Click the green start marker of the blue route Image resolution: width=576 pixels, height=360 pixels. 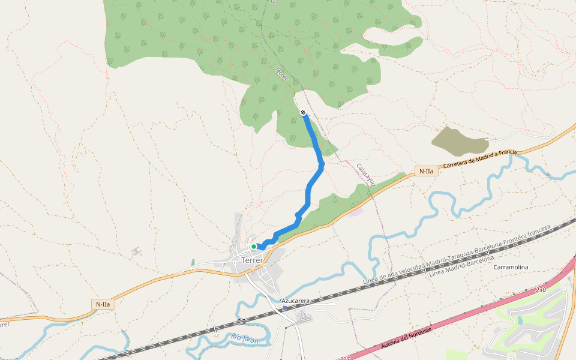pyautogui.click(x=254, y=246)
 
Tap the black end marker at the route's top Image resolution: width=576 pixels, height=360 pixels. pyautogui.click(x=303, y=112)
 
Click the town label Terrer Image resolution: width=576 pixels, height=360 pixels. pyautogui.click(x=252, y=260)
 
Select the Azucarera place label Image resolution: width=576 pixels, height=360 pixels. pyautogui.click(x=295, y=300)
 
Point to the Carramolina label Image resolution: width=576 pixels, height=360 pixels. pyautogui.click(x=511, y=267)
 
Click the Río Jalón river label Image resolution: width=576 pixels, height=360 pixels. pyautogui.click(x=245, y=340)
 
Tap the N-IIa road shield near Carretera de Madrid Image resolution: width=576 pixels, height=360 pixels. pyautogui.click(x=426, y=171)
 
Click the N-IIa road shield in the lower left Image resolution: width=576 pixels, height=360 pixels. pyautogui.click(x=103, y=304)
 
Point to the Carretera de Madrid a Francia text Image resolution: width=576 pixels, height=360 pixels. pyautogui.click(x=479, y=160)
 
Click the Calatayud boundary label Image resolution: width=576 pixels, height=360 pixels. pyautogui.click(x=365, y=175)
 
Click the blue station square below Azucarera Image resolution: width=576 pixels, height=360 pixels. pyautogui.click(x=285, y=307)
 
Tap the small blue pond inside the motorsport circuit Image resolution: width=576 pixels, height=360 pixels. pyautogui.click(x=520, y=320)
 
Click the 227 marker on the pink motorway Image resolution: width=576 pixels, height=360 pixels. pyautogui.click(x=344, y=358)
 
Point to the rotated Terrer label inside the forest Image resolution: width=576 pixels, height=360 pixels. pyautogui.click(x=281, y=74)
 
